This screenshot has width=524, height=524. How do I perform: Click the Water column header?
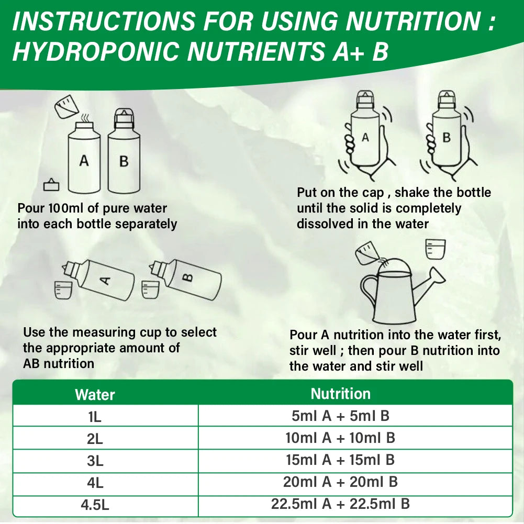tap(95, 395)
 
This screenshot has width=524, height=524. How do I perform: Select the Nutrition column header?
tap(341, 394)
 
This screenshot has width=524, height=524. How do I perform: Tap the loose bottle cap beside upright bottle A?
tap(51, 185)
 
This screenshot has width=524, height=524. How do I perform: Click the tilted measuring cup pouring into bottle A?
tap(67, 107)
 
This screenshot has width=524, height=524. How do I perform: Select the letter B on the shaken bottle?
tap(447, 138)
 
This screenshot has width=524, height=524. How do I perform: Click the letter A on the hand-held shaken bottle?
tap(365, 137)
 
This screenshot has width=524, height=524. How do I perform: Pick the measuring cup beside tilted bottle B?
tap(150, 289)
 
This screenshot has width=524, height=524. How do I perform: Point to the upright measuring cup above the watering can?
tap(435, 249)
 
